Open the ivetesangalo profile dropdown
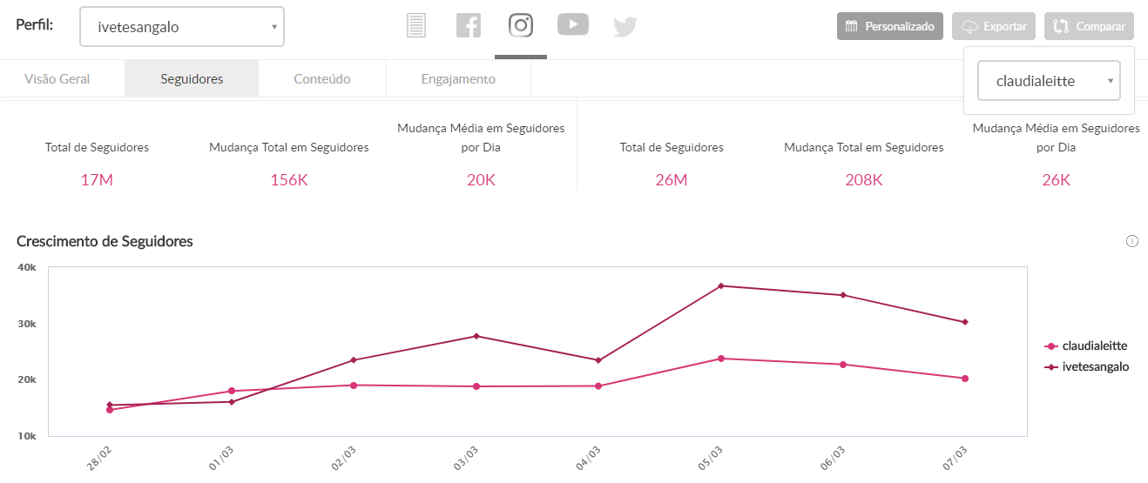click(x=181, y=27)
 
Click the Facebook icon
click(x=469, y=25)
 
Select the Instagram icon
click(x=521, y=25)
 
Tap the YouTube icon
click(x=572, y=25)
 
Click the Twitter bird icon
click(x=625, y=26)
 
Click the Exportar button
click(x=994, y=26)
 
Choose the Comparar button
click(x=1089, y=26)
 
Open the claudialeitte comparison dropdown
click(x=1049, y=81)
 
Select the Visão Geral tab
click(x=57, y=79)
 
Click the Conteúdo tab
click(x=322, y=79)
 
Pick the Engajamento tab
click(x=458, y=79)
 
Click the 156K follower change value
click(x=289, y=180)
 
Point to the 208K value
click(x=864, y=180)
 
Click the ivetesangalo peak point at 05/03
click(x=721, y=285)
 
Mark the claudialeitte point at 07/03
click(x=965, y=379)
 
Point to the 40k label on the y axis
click(x=26, y=267)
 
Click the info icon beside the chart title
click(x=1132, y=241)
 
